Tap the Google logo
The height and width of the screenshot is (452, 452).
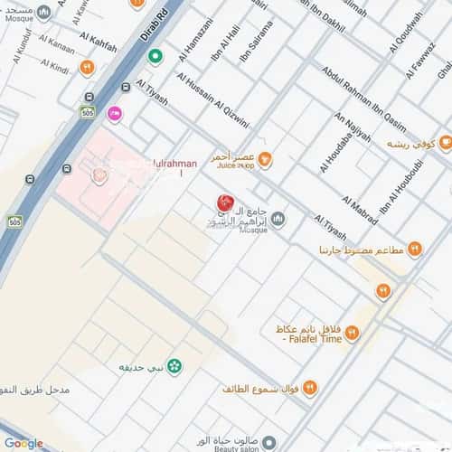pyautogui.click(x=24, y=443)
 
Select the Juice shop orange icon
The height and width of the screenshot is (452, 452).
pyautogui.click(x=266, y=159)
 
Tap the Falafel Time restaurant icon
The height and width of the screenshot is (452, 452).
pyautogui.click(x=353, y=333)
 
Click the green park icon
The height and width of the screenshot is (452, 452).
pyautogui.click(x=174, y=366)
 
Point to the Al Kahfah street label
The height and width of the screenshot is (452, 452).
pyautogui.click(x=99, y=43)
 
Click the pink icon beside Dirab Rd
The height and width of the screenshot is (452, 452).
pyautogui.click(x=114, y=114)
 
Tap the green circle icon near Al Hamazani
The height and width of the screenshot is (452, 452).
pyautogui.click(x=155, y=57)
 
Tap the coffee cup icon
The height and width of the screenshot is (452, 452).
pyautogui.click(x=445, y=143)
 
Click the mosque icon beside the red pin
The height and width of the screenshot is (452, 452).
pyautogui.click(x=278, y=220)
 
